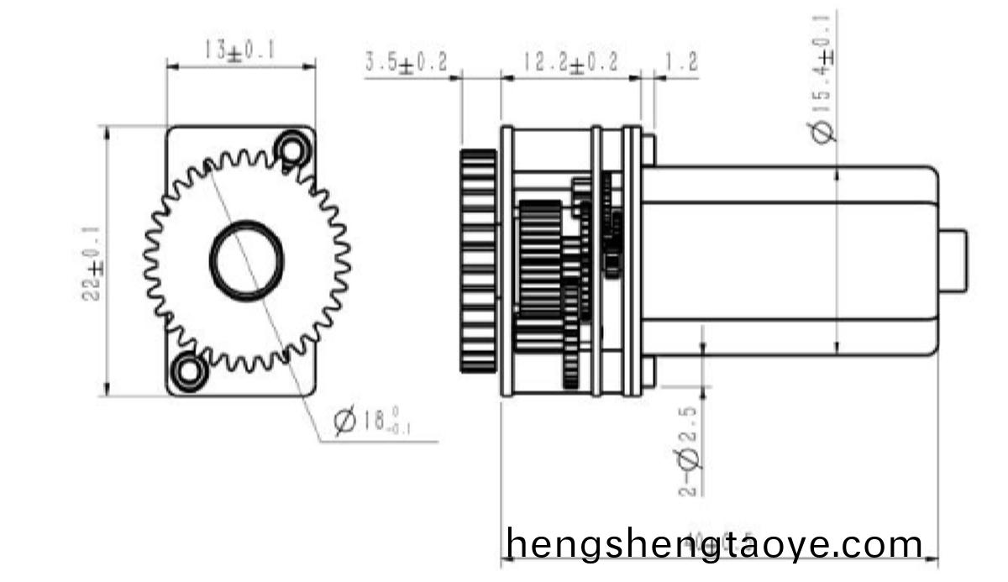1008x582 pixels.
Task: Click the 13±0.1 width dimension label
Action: tap(239, 50)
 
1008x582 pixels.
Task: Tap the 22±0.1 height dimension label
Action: tap(93, 261)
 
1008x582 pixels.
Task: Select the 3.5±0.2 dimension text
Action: tap(406, 63)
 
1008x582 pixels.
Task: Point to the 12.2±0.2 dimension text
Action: tap(570, 63)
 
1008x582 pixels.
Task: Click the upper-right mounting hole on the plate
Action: tap(292, 149)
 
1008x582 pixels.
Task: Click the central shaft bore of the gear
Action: tap(245, 260)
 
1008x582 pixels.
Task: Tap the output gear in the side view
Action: tap(479, 260)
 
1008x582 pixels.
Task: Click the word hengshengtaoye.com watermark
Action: tap(715, 543)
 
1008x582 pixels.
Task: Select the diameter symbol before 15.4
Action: tap(826, 132)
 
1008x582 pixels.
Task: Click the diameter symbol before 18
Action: tap(344, 421)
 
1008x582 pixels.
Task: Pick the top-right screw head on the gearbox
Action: tap(648, 149)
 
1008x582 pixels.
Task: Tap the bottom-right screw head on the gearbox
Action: tap(648, 372)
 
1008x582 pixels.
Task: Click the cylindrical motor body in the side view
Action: tap(790, 260)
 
